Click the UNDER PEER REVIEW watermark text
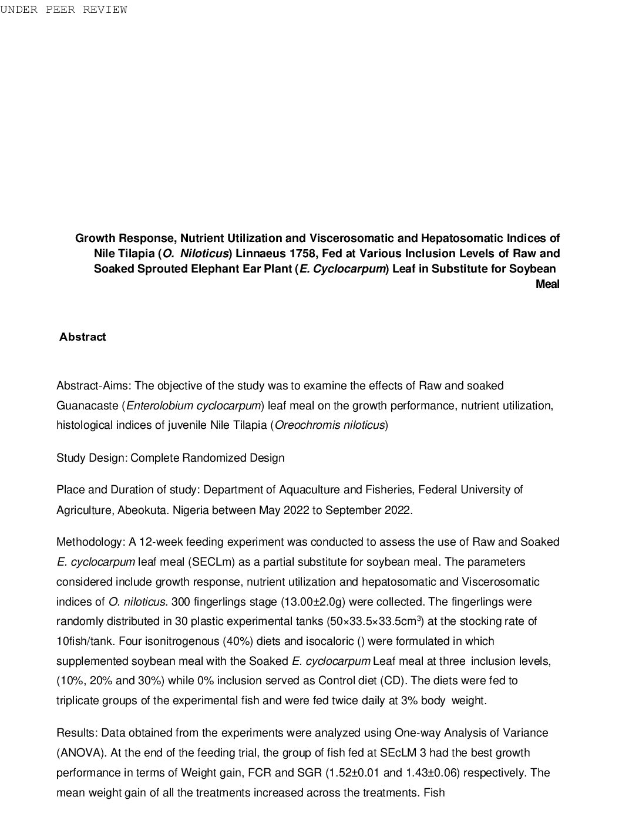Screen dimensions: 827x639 click(x=63, y=9)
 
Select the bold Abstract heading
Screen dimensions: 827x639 click(x=83, y=337)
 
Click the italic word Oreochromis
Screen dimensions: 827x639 click(x=308, y=425)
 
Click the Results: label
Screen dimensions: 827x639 click(x=78, y=733)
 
